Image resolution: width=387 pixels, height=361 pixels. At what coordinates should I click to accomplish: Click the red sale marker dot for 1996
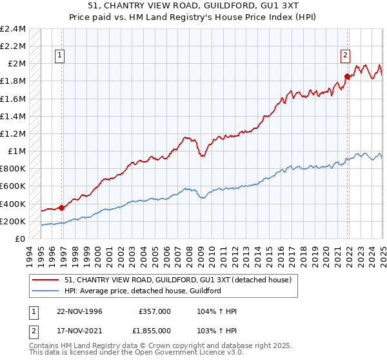tap(62, 208)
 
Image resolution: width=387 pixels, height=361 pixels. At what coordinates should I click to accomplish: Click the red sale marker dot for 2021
tap(347, 77)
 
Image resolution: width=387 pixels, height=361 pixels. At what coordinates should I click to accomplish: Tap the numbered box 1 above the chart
tap(59, 55)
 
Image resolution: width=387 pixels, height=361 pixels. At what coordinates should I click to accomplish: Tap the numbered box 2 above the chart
tap(345, 55)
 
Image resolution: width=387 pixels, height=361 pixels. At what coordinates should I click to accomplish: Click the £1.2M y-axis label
tap(14, 134)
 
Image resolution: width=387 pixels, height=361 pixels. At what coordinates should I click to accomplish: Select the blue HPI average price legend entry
tap(143, 291)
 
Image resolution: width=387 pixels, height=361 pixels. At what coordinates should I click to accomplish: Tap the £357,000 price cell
tap(155, 311)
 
